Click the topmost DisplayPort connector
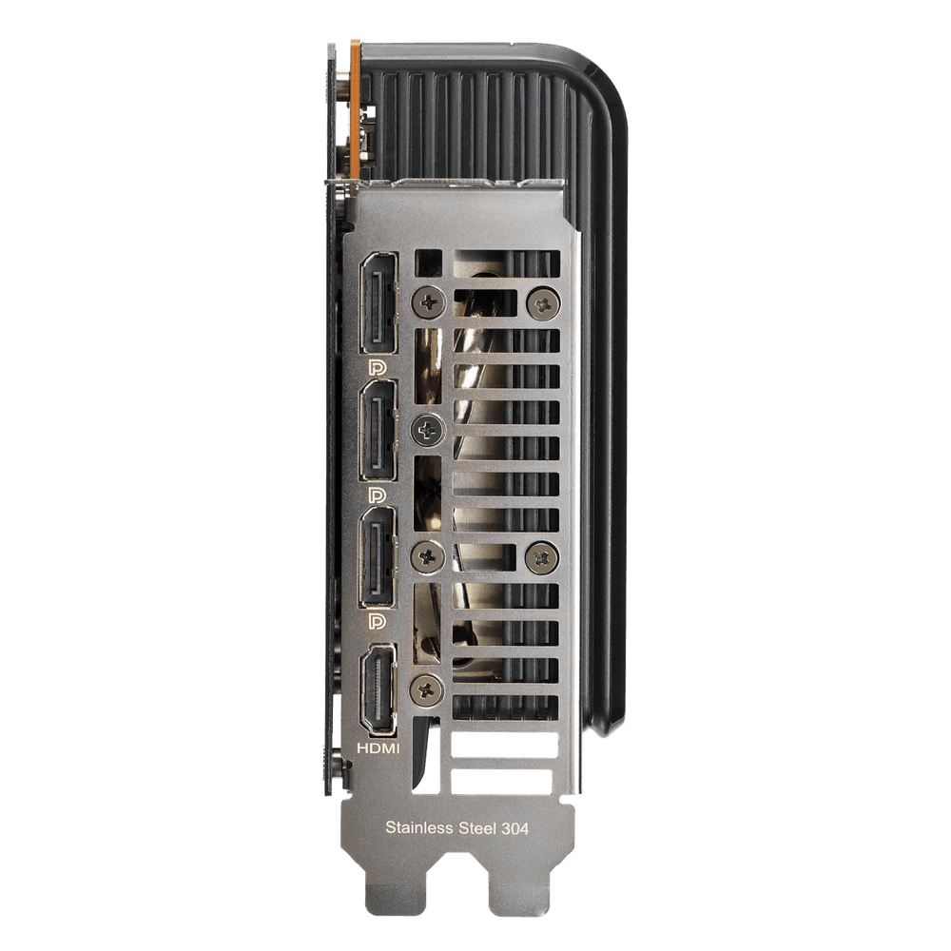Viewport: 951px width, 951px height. [378, 302]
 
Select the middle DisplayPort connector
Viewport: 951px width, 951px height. [378, 430]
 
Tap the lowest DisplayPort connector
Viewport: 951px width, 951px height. [378, 556]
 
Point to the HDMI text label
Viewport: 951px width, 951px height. [378, 748]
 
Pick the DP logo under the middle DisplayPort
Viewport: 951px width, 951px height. [377, 495]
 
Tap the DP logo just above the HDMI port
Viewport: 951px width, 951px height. [377, 621]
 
